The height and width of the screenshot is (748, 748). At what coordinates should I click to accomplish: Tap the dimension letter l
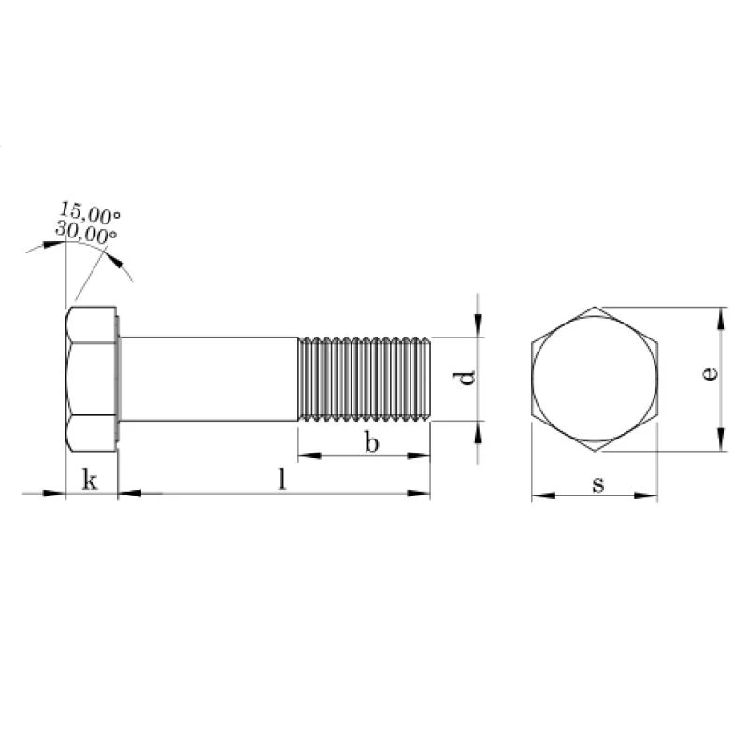tap(283, 479)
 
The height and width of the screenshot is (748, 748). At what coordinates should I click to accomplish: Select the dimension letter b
tap(371, 441)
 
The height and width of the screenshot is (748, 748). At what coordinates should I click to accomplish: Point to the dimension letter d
tap(465, 378)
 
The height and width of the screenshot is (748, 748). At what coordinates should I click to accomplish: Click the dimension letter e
tap(710, 373)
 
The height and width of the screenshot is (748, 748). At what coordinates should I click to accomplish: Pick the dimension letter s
tap(598, 484)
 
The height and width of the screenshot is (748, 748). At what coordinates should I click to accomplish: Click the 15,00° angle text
tap(90, 212)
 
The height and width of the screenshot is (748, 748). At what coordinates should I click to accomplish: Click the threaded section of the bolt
tap(365, 380)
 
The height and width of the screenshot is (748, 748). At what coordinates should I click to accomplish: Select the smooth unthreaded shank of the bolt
tap(209, 380)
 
